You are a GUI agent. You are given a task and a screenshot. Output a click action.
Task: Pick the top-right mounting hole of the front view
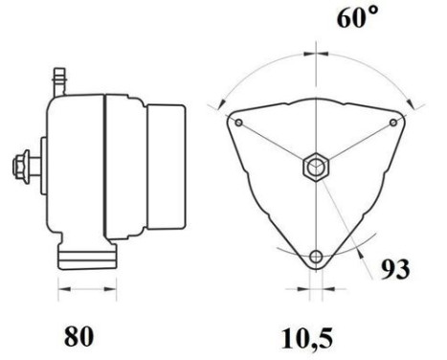click(395, 123)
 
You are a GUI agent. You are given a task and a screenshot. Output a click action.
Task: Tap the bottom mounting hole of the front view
click(317, 257)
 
